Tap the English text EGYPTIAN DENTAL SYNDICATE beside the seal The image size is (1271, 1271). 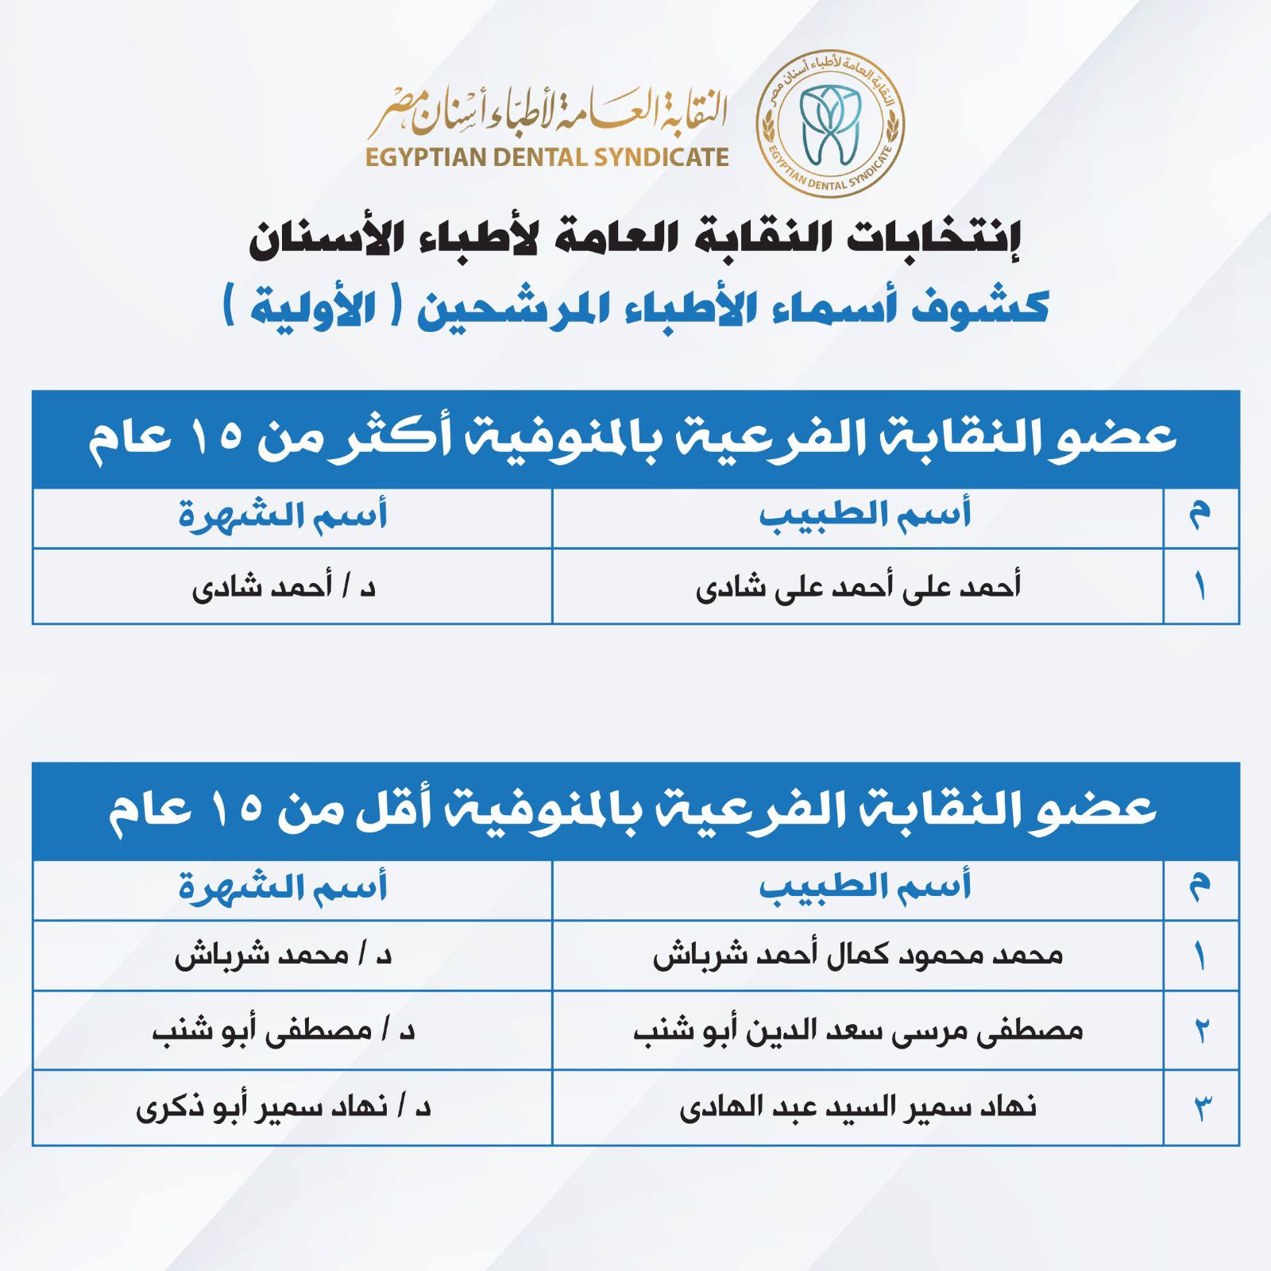click(547, 156)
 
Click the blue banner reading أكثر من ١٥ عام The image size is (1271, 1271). click(635, 438)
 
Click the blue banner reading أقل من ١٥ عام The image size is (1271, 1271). click(635, 811)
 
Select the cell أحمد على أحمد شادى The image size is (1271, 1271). click(858, 587)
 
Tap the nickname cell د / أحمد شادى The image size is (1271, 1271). click(284, 587)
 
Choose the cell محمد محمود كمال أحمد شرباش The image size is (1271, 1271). click(858, 955)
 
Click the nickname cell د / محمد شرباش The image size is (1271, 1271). click(284, 955)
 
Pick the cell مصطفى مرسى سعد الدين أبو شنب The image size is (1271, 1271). click(858, 1030)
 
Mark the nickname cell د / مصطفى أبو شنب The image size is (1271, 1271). click(284, 1030)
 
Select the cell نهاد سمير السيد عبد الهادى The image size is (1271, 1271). click(858, 1106)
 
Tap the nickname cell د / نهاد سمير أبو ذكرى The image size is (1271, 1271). click(284, 1106)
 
